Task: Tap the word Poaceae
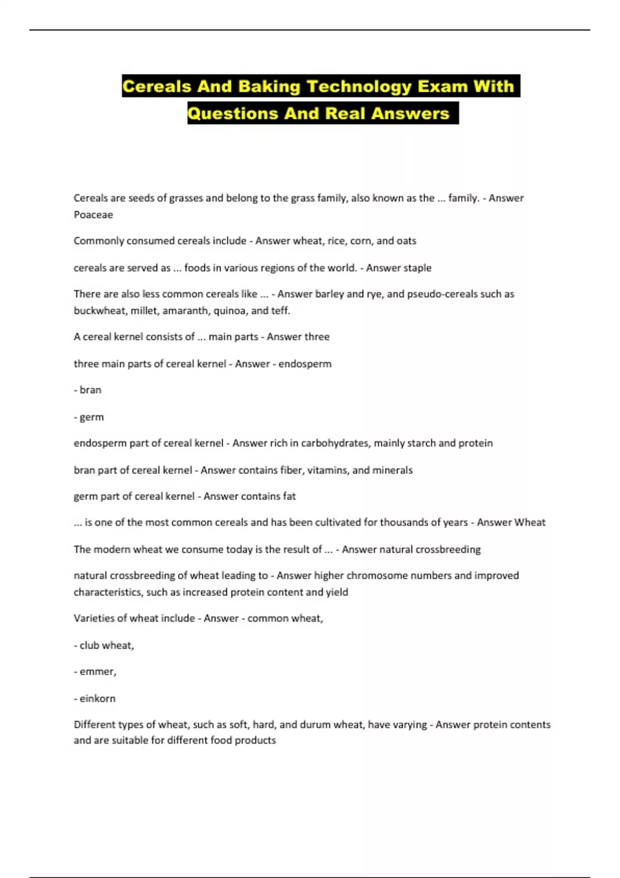(x=93, y=215)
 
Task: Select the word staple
(x=416, y=268)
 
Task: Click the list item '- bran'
(x=87, y=390)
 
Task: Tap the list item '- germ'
(x=88, y=417)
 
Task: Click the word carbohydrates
(x=335, y=443)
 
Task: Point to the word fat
(x=289, y=496)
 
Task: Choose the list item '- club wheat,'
(x=104, y=646)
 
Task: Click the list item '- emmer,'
(x=95, y=672)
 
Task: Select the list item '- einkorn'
(x=95, y=699)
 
